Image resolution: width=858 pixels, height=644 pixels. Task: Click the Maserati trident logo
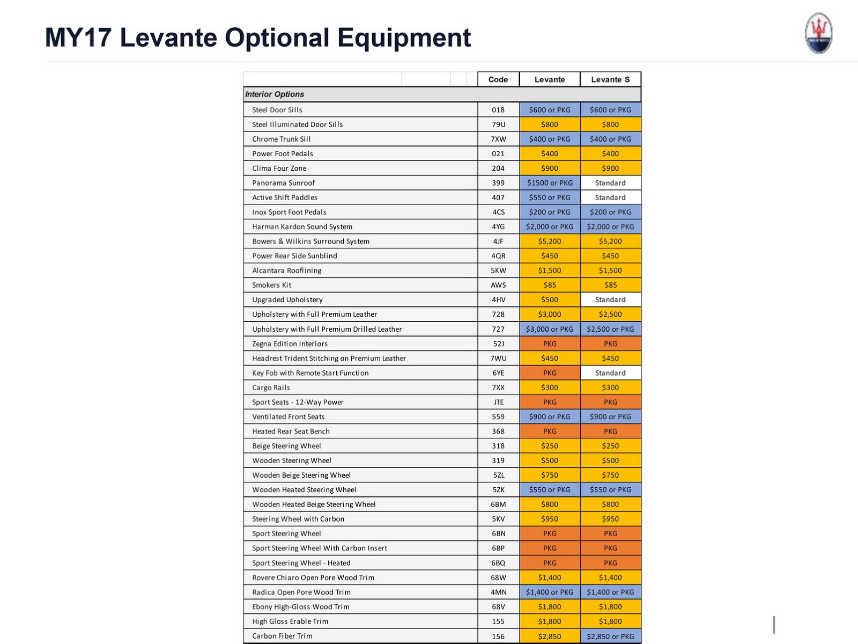818,33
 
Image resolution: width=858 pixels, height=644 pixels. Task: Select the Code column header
498,79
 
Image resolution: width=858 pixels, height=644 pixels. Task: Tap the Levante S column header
610,79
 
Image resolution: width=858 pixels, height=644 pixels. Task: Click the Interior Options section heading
275,94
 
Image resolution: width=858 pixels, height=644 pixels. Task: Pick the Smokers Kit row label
272,285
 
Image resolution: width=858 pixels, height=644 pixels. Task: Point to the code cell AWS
498,285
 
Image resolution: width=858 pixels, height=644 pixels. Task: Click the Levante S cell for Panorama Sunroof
610,183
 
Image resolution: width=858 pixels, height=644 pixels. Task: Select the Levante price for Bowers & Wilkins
550,241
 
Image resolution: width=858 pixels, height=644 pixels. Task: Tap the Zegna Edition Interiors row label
290,343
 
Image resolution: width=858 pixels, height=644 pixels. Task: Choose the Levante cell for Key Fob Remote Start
550,373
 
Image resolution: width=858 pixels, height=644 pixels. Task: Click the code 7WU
498,358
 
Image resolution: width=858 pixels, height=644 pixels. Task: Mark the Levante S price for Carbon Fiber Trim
610,636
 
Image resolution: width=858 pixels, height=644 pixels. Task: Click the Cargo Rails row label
271,387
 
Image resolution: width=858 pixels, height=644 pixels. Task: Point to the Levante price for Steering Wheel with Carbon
550,519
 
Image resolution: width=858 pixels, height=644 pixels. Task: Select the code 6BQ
498,563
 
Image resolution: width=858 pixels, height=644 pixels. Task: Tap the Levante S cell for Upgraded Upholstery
610,300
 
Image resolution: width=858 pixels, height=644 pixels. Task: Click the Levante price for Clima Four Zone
550,169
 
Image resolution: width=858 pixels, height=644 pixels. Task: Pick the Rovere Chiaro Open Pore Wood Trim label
313,577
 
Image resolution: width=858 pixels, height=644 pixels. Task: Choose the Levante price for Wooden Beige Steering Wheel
550,475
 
